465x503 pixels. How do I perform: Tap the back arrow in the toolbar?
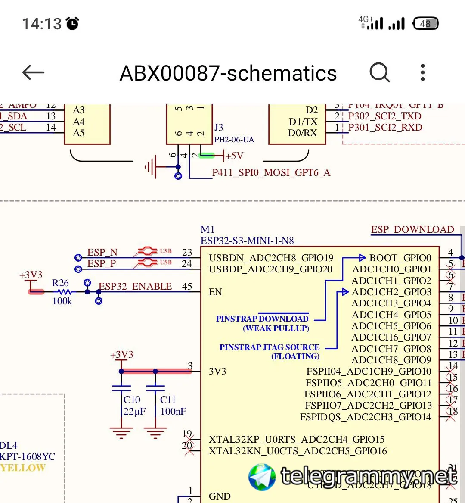(34, 72)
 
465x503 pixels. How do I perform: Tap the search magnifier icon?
(379, 72)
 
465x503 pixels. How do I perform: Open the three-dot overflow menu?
(423, 72)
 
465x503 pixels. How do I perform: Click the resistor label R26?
(60, 283)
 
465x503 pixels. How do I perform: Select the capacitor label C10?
(132, 400)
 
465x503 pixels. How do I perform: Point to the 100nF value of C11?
(173, 411)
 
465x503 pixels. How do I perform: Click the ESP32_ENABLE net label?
(135, 287)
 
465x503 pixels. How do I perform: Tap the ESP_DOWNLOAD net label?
(412, 229)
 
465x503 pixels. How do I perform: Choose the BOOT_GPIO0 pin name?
(400, 258)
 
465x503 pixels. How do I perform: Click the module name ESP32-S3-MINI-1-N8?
(247, 241)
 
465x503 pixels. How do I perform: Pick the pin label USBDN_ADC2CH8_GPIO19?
(271, 258)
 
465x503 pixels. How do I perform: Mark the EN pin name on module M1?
(215, 292)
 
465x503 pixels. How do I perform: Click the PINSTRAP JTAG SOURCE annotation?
(270, 347)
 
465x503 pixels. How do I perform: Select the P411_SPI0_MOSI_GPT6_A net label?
(271, 173)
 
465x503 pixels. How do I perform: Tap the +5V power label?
(235, 156)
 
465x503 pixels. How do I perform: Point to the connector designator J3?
(219, 127)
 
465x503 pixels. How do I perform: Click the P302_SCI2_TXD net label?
(384, 116)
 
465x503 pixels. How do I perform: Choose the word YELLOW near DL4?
(23, 468)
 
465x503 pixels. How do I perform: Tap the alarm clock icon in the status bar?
(72, 23)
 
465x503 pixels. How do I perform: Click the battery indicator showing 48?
(425, 23)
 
